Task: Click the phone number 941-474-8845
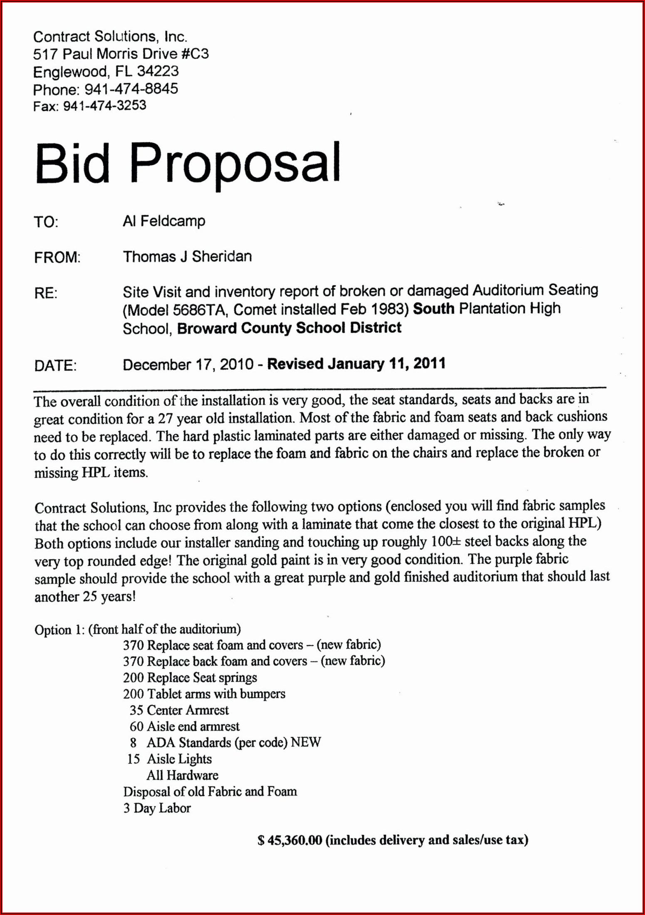tap(131, 89)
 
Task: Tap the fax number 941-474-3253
tap(104, 106)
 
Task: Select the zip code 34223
tap(158, 72)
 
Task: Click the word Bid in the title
tap(72, 163)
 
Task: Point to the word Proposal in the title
tap(235, 164)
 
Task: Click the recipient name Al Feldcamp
tap(164, 221)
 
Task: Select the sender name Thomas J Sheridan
tap(187, 256)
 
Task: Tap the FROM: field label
tap(57, 258)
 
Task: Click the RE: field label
tap(46, 293)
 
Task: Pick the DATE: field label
tap(55, 365)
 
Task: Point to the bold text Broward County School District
tap(289, 328)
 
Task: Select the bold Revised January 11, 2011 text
tap(356, 364)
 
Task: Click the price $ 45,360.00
tap(290, 840)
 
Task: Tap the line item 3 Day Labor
tap(157, 808)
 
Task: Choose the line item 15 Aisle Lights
tap(169, 759)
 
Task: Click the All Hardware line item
tap(182, 775)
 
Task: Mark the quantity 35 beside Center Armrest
tap(136, 710)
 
